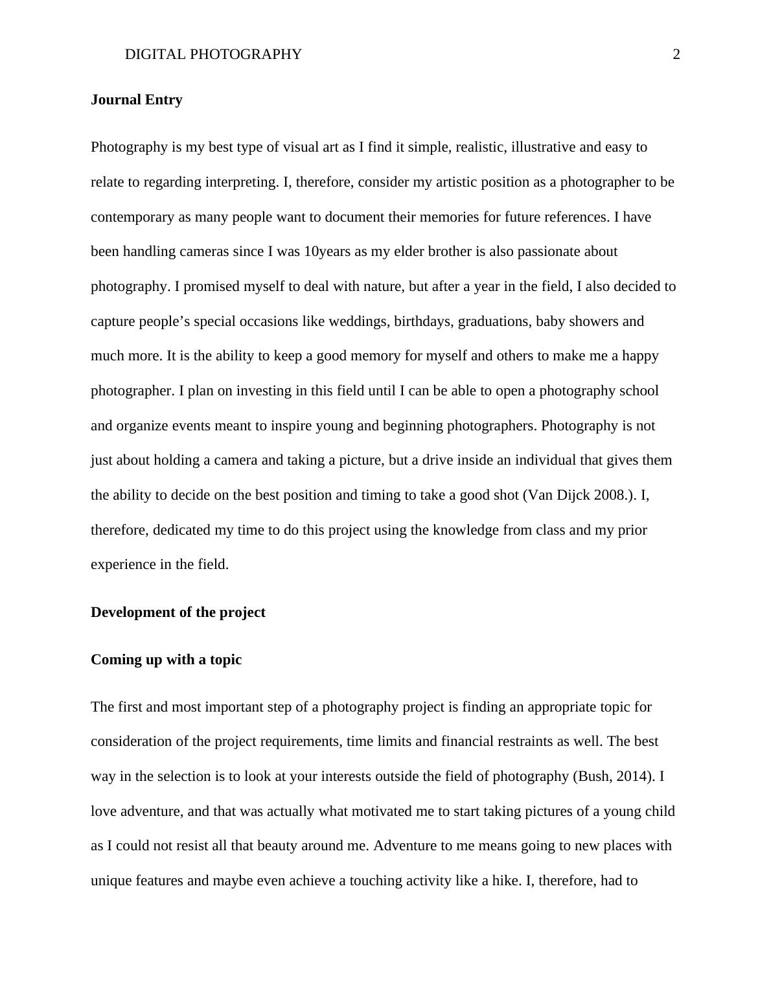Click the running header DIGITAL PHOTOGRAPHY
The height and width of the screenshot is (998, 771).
click(213, 54)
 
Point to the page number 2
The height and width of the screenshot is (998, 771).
click(676, 54)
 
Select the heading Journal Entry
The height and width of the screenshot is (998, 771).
click(137, 100)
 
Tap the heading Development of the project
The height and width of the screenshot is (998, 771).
click(178, 612)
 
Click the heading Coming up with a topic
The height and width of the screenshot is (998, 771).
click(166, 660)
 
